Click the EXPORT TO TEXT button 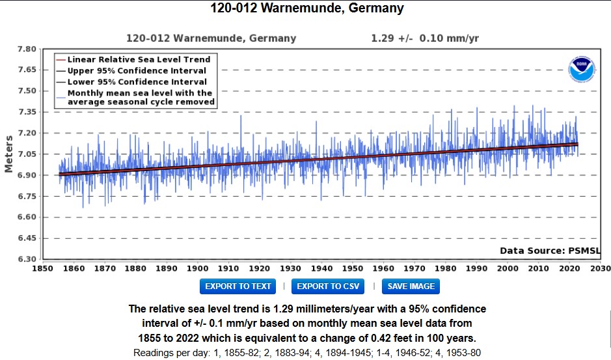tap(238, 286)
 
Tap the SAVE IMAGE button tap(411, 286)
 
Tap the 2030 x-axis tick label tap(599, 268)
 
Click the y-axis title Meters tap(9, 154)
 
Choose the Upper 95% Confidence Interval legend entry tap(137, 70)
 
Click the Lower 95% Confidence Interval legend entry tap(137, 81)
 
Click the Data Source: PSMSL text tap(550, 251)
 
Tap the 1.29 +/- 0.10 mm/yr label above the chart tap(424, 38)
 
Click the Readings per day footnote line tap(306, 353)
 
